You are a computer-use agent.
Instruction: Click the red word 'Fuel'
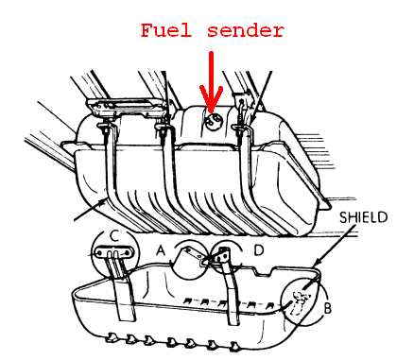tap(167, 30)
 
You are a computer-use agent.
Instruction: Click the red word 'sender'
tap(243, 30)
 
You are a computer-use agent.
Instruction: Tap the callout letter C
tap(115, 235)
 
